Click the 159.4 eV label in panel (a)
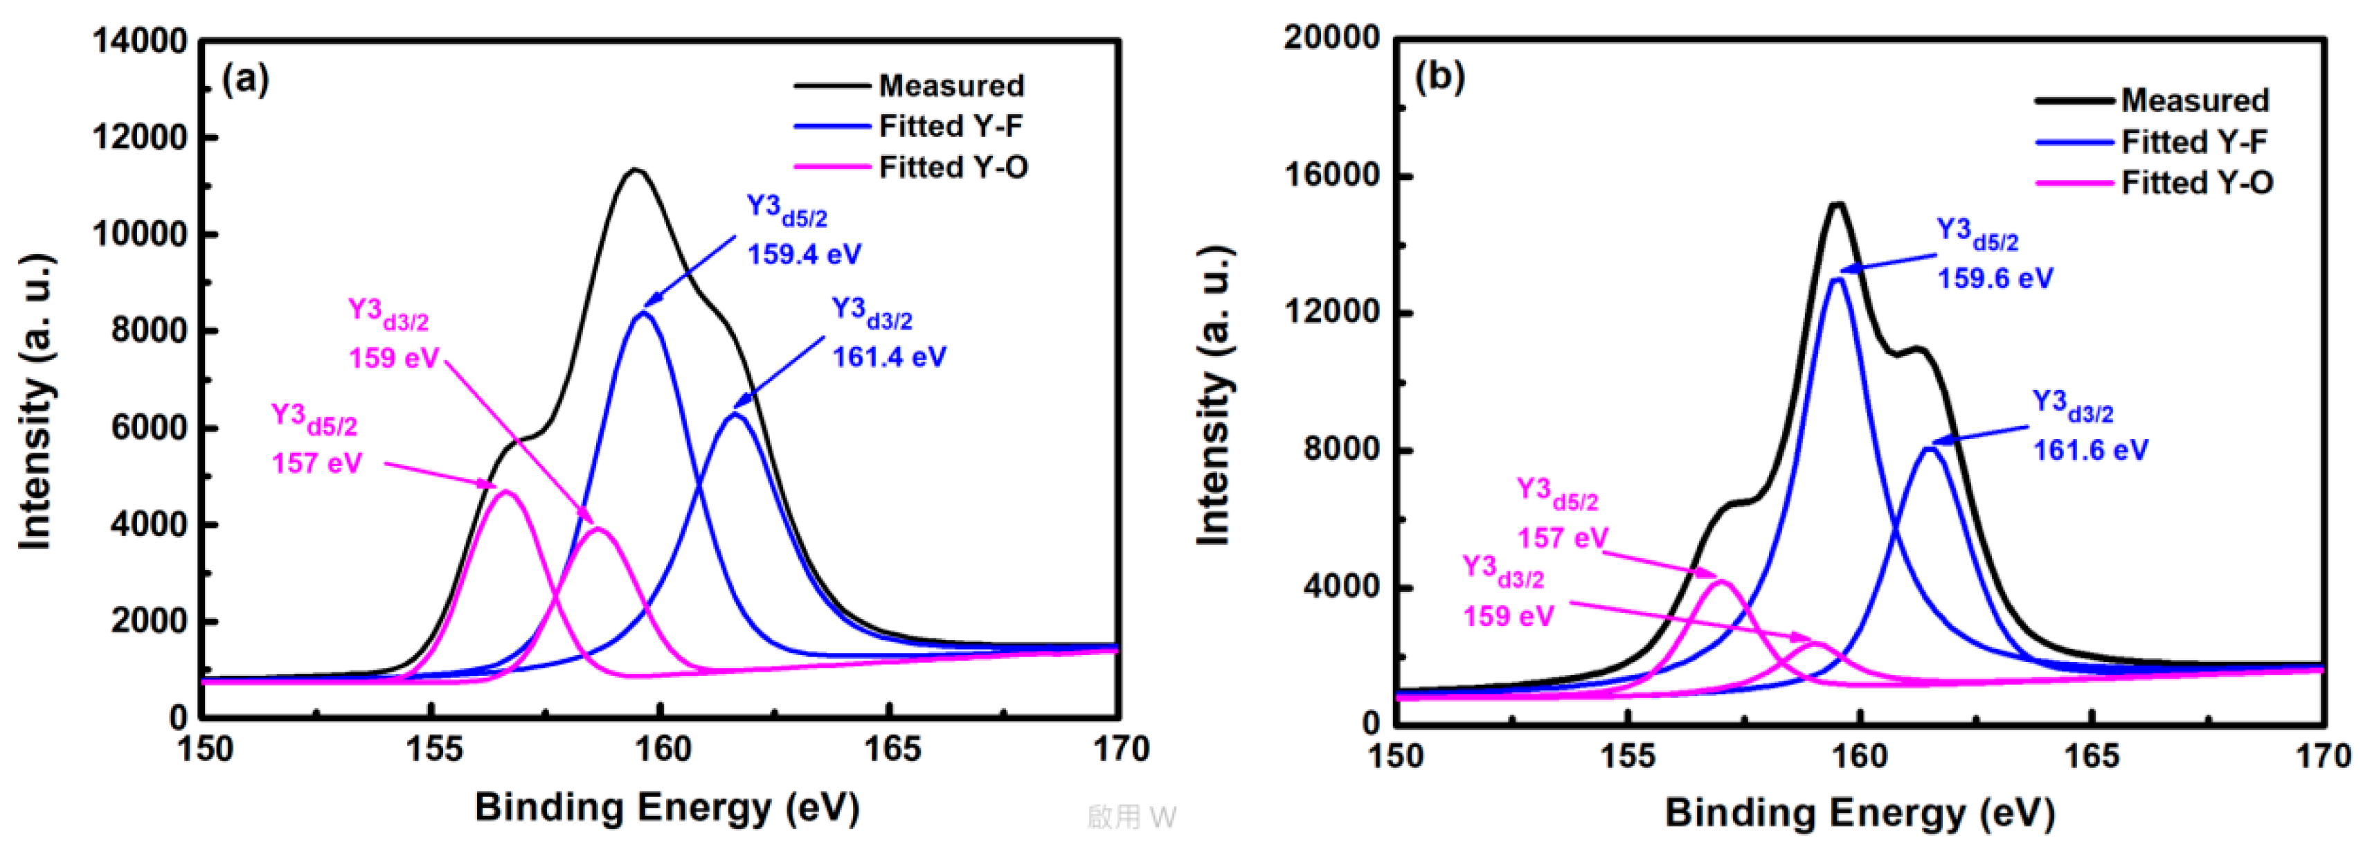[804, 253]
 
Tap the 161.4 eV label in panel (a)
[888, 357]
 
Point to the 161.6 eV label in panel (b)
[2090, 449]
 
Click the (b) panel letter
[1439, 75]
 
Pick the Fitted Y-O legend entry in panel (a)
[953, 167]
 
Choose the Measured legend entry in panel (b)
[2194, 100]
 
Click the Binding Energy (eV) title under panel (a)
[667, 807]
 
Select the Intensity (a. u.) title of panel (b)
[1213, 396]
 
